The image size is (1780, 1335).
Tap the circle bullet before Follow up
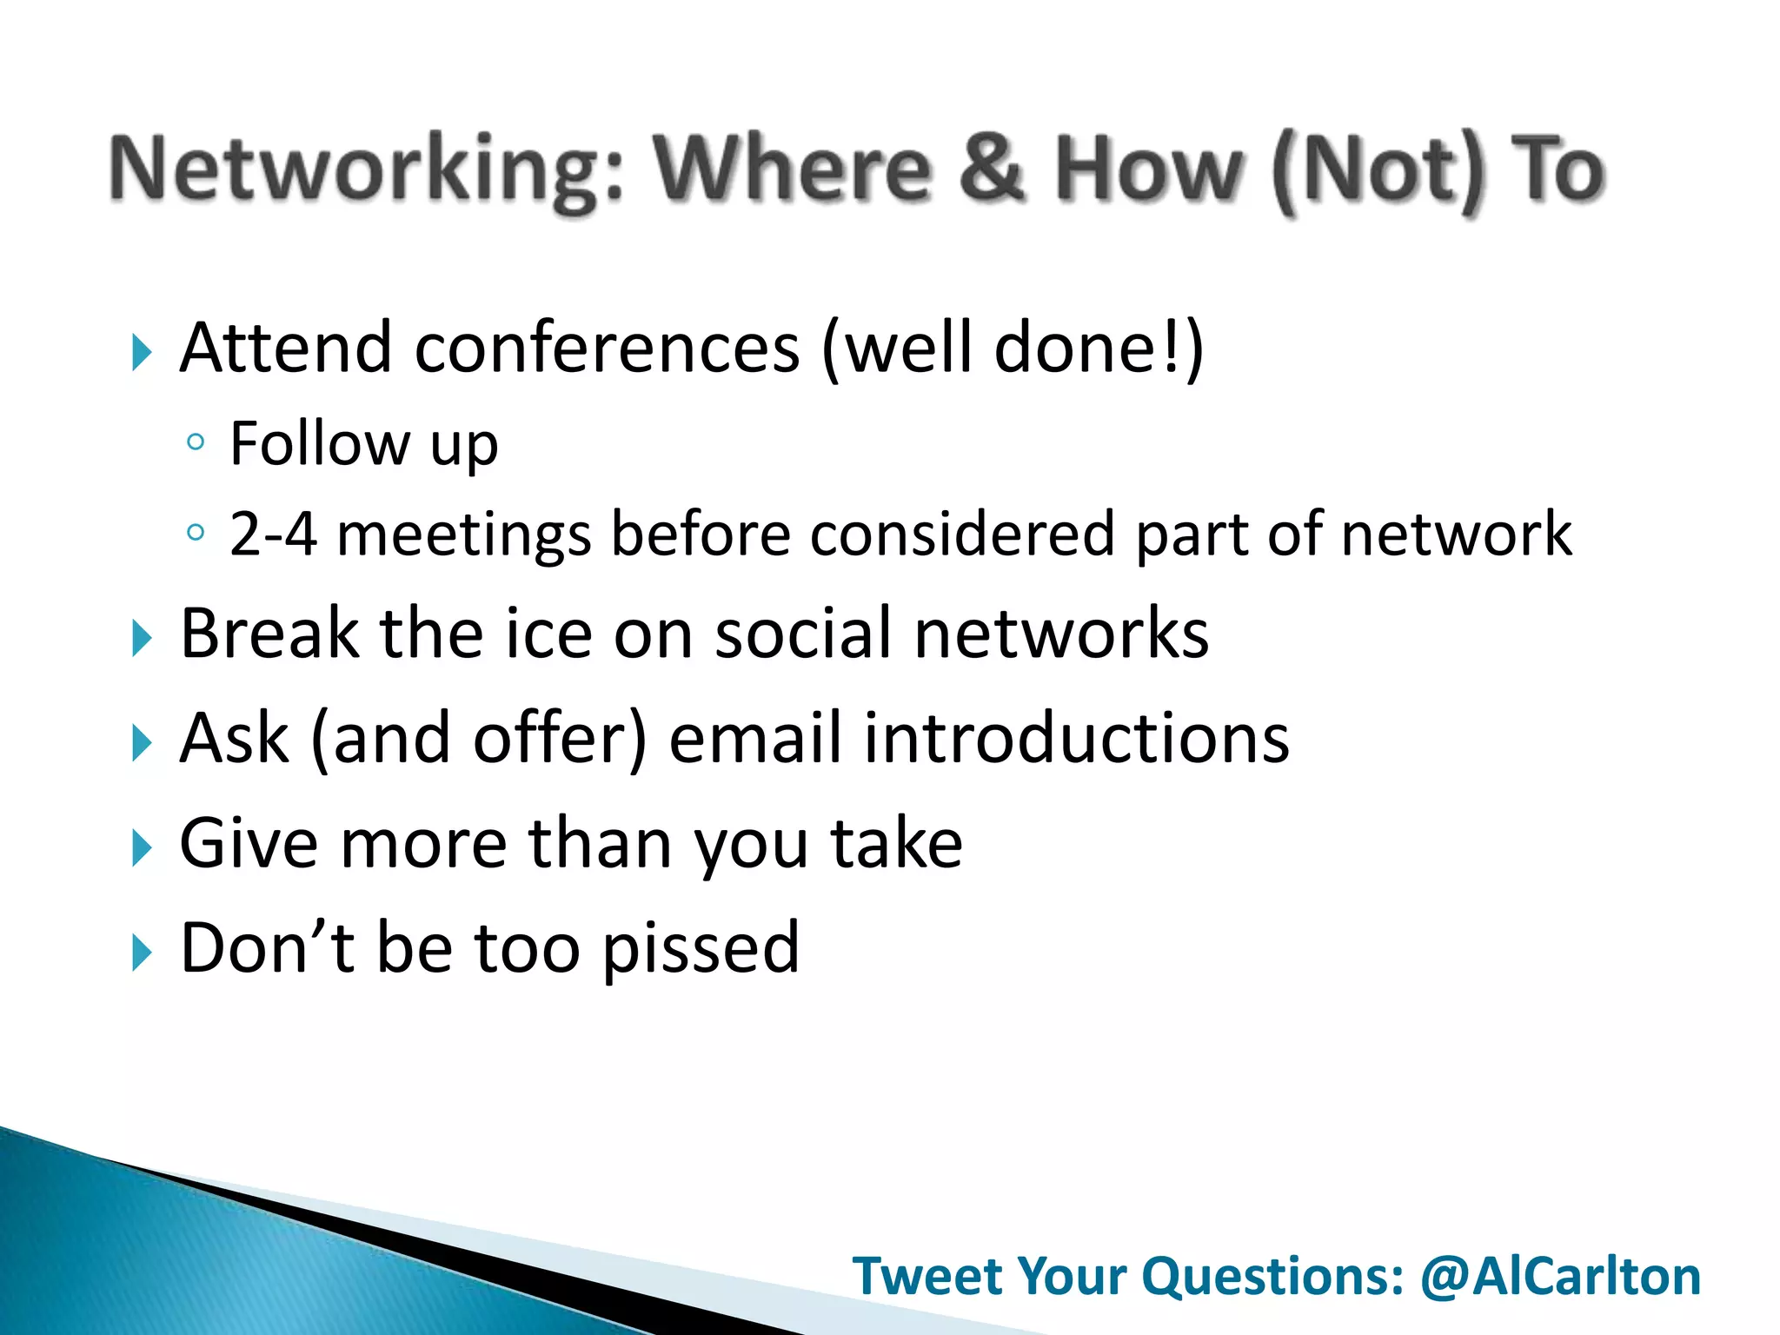point(196,443)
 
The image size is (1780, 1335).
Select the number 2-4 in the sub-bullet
point(272,535)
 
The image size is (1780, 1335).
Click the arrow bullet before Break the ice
point(142,640)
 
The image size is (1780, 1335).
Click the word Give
point(249,843)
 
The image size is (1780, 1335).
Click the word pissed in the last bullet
point(701,949)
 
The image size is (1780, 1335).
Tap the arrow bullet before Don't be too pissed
point(142,953)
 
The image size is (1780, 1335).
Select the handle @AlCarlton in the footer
point(1560,1276)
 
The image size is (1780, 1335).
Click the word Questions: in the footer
point(1272,1276)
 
